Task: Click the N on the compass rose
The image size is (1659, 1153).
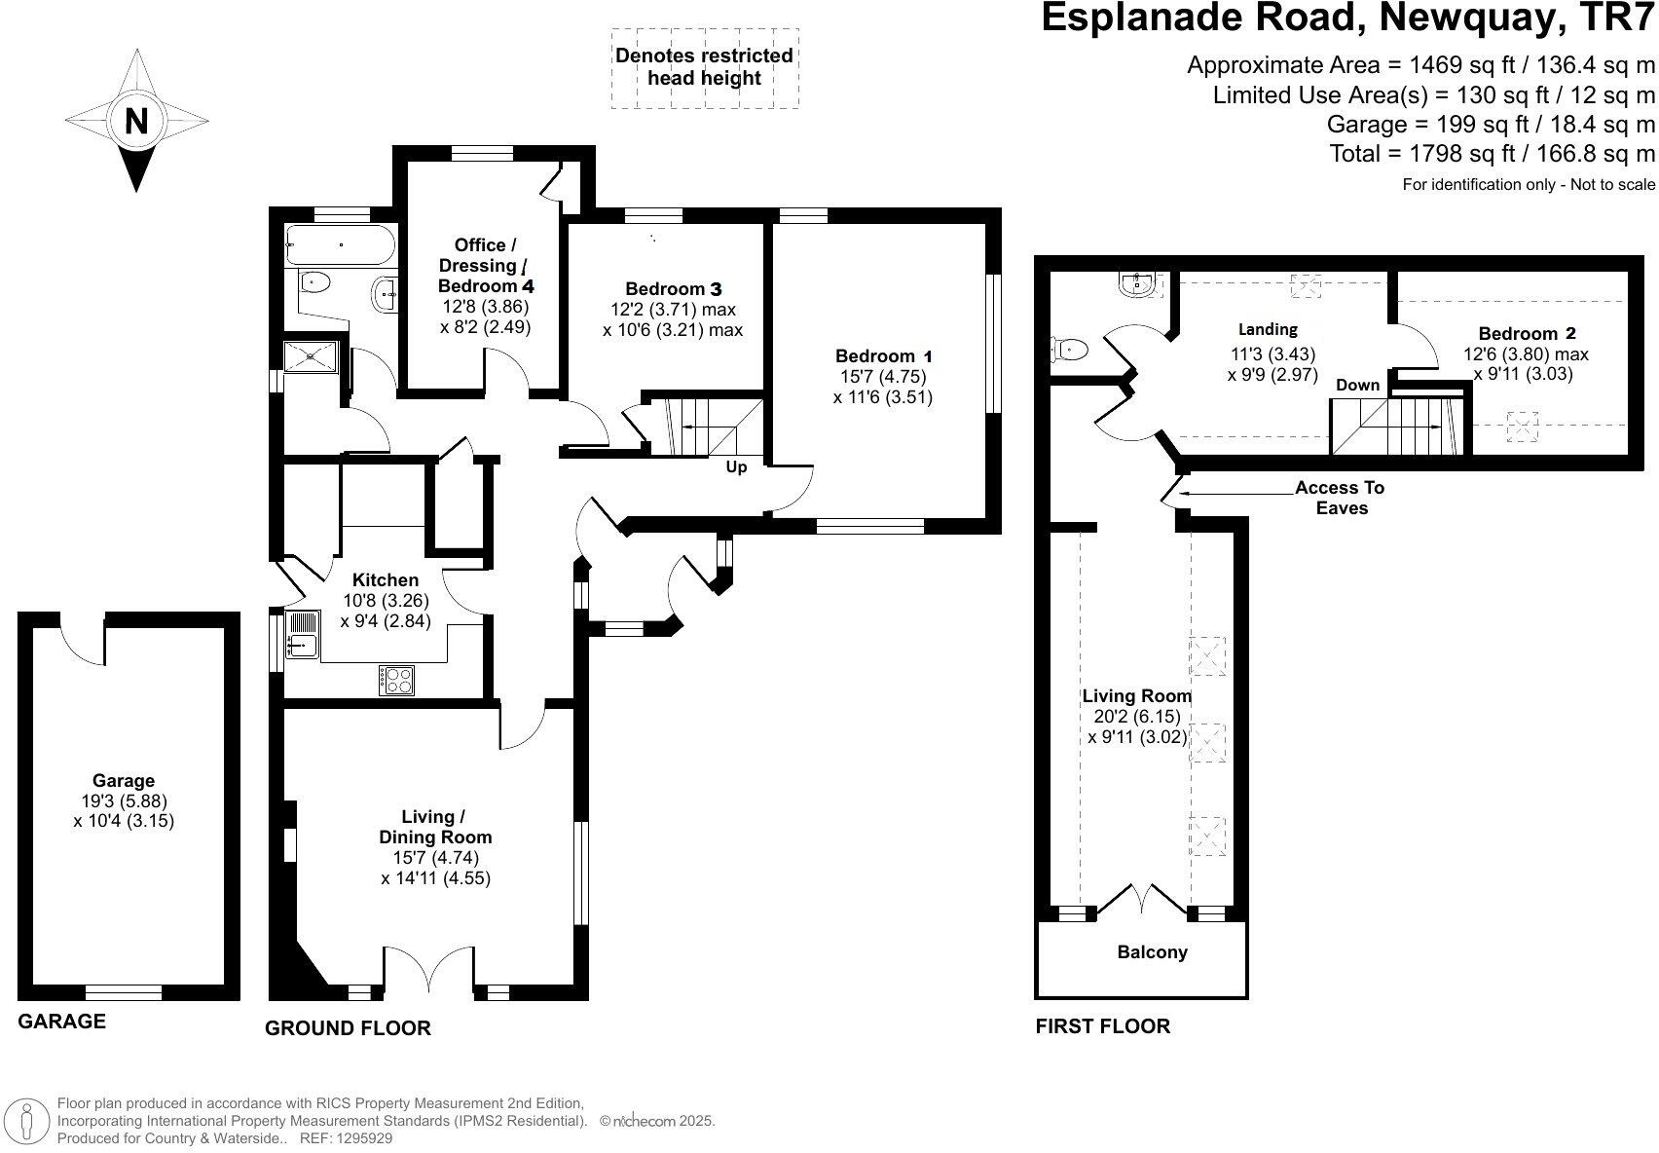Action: [136, 122]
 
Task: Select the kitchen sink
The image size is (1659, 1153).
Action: [303, 634]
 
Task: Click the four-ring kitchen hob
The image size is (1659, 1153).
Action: [397, 680]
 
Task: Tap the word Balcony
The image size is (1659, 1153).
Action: [1152, 952]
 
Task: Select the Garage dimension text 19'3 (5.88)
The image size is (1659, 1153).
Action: [124, 800]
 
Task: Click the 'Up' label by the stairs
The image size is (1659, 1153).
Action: [736, 467]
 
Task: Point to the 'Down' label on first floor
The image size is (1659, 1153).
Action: [1357, 385]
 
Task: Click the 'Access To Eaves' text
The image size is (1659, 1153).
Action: [1340, 498]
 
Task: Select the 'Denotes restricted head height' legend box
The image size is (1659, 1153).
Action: [703, 67]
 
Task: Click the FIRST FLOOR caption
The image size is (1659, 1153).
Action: [1102, 1025]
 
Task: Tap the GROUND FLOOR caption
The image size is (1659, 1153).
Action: [348, 1028]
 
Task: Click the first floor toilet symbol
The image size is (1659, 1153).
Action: [1069, 348]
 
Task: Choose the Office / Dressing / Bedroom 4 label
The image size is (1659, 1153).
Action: [485, 265]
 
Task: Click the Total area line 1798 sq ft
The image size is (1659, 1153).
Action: [1492, 153]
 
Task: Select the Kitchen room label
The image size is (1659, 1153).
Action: [386, 579]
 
